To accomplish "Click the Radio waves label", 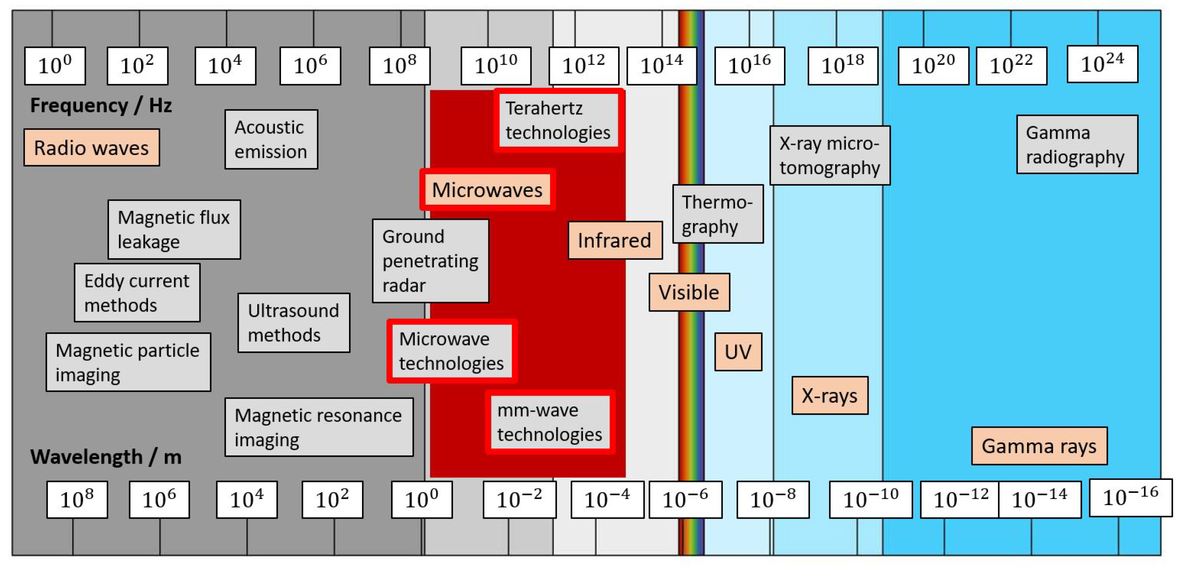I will click(x=91, y=148).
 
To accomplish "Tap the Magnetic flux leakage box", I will click(x=174, y=230).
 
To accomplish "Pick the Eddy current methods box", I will click(x=137, y=293).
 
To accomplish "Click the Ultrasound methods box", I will click(x=294, y=323).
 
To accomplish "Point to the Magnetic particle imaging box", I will click(x=128, y=362).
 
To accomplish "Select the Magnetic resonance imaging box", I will click(x=319, y=427).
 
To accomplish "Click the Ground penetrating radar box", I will click(x=430, y=261).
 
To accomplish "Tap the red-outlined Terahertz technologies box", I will click(x=558, y=120).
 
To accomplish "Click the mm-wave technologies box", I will click(x=550, y=422).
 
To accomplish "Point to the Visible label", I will click(x=689, y=292).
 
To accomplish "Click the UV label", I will click(x=738, y=352).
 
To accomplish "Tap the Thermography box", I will click(x=717, y=214).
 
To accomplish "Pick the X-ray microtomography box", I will click(x=830, y=155).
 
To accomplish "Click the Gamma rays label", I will click(x=1039, y=446).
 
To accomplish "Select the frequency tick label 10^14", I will click(x=661, y=66).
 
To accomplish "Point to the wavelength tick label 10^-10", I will click(x=870, y=499).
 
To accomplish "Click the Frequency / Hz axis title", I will click(x=101, y=106).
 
